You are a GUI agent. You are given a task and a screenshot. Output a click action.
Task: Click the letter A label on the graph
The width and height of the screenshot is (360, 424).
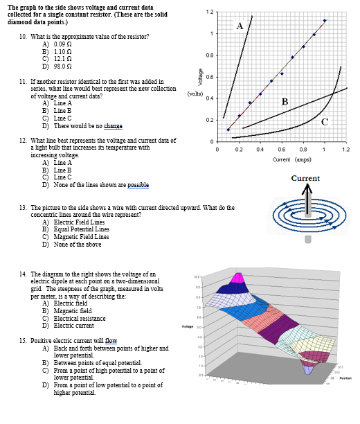tap(240, 26)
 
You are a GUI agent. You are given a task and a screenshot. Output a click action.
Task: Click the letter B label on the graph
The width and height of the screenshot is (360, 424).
tap(285, 102)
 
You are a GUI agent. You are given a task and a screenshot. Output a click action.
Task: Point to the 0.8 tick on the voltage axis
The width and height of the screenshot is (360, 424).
tap(209, 55)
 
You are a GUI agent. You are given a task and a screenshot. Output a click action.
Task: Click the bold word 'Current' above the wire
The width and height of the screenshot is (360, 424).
tap(305, 178)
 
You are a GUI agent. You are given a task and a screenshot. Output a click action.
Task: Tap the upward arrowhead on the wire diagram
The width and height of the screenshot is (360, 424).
tap(305, 188)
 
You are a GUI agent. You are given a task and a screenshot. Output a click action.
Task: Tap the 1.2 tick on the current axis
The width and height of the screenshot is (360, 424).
tap(345, 150)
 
